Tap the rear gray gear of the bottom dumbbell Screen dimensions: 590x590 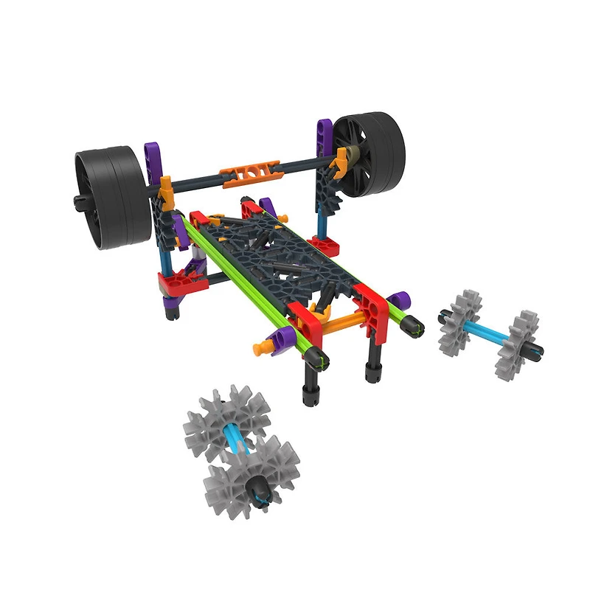pyautogui.click(x=219, y=426)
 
